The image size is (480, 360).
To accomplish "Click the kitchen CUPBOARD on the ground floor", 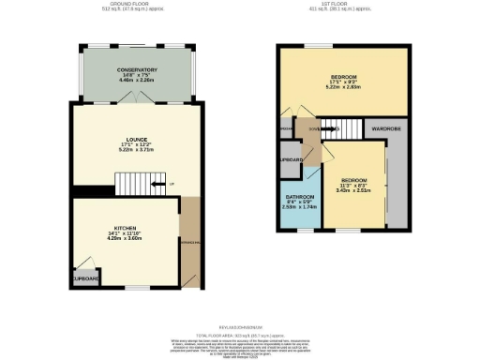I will [x=84, y=277].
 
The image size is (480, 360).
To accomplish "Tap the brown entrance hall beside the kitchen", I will [x=191, y=238].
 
